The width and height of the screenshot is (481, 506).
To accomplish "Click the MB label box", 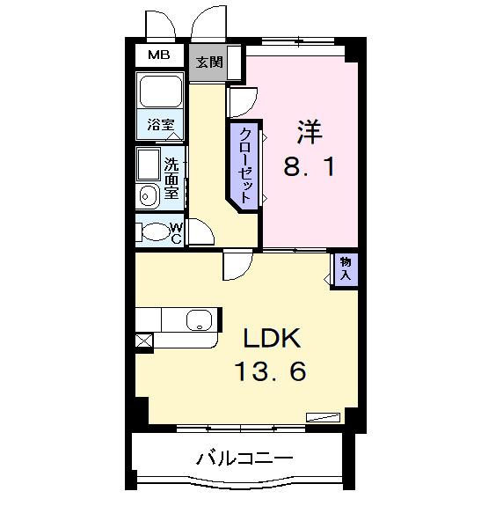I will (x=159, y=55).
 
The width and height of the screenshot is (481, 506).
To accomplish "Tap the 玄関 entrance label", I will (x=209, y=62).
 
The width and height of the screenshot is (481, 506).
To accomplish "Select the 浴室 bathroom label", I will (x=160, y=126).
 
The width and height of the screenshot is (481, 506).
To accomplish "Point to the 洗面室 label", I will (x=172, y=176).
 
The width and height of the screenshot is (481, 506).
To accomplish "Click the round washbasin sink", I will (x=148, y=195).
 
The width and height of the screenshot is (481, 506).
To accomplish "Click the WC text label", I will (x=176, y=232).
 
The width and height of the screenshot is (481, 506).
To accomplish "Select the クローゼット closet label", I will (x=244, y=165).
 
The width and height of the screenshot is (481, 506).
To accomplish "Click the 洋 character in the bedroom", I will (x=309, y=133).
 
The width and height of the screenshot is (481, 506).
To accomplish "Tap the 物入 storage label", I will (x=346, y=269).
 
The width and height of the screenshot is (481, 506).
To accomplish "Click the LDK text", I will (x=273, y=339).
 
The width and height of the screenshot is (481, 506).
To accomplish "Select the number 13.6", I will (x=270, y=372).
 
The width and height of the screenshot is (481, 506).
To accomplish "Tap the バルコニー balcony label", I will (x=244, y=458).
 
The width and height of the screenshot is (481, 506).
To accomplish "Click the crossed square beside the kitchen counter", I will (x=143, y=340).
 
